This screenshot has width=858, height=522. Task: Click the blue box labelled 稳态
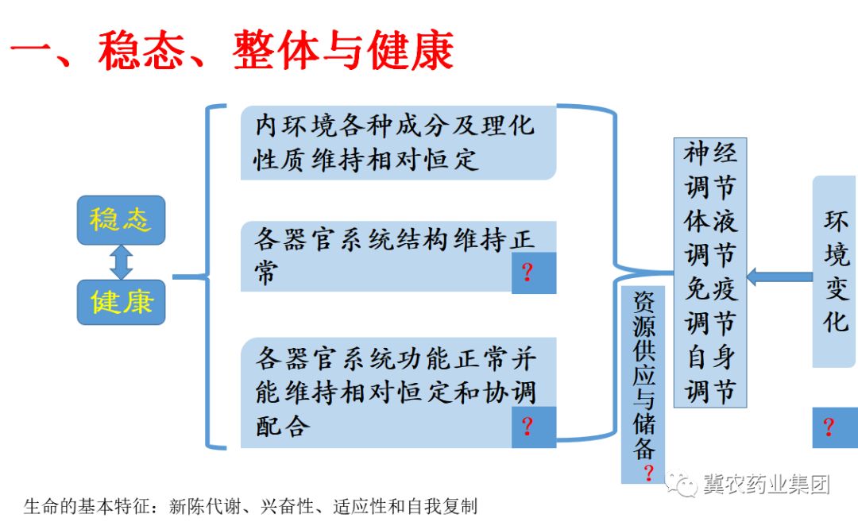[121, 219]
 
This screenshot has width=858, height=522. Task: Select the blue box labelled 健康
[121, 302]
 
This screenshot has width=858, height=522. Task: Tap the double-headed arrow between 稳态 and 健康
[121, 261]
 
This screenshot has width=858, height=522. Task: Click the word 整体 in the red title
[265, 50]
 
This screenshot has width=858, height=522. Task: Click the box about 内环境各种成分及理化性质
[397, 142]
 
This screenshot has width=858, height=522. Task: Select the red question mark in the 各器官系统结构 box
[527, 273]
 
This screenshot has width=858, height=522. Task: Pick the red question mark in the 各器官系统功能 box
[527, 427]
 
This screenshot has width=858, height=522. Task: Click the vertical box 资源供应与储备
[644, 373]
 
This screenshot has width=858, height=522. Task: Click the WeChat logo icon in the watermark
[681, 482]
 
